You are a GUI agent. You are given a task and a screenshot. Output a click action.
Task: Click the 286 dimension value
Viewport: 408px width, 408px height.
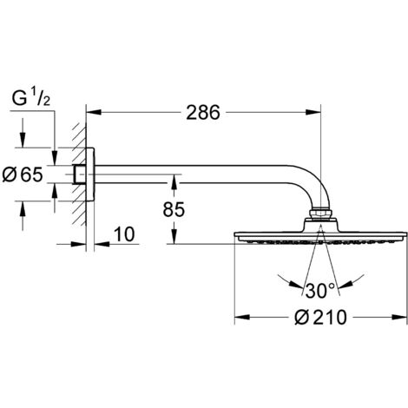203,112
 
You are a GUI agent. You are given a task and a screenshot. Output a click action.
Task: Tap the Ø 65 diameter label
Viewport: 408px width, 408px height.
23,174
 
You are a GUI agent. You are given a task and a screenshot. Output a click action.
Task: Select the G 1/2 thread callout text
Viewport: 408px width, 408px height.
31,98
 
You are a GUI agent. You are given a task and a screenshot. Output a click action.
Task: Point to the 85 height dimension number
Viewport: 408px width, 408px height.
174,209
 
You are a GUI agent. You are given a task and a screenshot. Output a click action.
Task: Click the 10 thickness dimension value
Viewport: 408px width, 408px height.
124,234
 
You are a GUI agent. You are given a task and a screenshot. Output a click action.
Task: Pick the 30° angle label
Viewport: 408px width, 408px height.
319,291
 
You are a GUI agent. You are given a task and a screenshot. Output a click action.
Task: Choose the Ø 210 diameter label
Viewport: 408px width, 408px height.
320,317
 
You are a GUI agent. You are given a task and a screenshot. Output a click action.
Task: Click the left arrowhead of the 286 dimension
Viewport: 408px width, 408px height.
94,112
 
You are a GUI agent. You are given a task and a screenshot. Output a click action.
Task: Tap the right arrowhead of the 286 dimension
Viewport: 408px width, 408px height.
313,112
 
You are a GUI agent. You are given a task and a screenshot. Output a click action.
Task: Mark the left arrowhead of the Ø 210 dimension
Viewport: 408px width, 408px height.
242,317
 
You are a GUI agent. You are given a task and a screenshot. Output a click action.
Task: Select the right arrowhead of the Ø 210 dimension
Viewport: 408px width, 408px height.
399,317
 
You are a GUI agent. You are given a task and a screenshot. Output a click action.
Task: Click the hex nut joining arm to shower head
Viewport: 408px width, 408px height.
320,214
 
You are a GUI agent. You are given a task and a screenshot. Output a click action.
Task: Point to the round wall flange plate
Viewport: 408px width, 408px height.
90,174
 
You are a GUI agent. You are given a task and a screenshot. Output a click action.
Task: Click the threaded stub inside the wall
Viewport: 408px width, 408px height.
80,174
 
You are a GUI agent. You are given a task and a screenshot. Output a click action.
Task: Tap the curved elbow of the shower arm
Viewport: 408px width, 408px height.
314,184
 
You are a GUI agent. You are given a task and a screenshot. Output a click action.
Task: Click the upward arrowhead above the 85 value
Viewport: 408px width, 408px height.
174,182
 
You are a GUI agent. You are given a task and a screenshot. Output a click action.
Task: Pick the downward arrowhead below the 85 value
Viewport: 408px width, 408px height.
174,236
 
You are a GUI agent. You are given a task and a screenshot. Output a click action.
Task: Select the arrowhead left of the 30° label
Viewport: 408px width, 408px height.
296,285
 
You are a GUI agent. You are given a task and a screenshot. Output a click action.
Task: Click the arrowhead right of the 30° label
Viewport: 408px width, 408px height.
344,285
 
